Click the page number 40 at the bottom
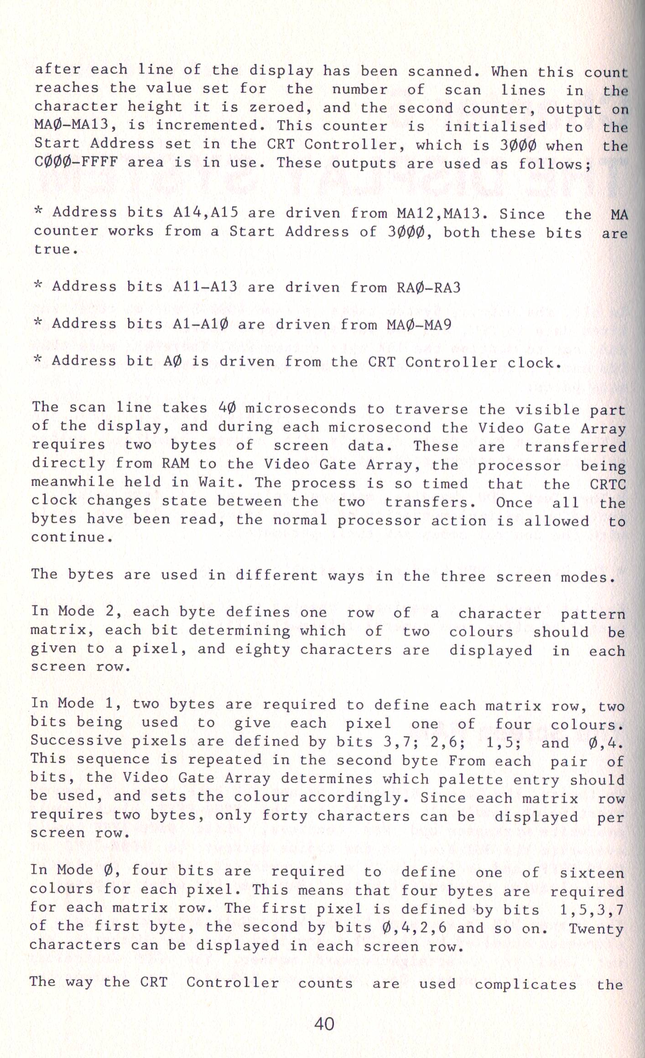point(324,1024)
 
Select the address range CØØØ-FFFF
point(76,162)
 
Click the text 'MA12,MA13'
point(442,213)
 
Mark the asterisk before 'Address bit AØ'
point(38,360)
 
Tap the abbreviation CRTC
point(608,484)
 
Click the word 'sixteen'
point(592,873)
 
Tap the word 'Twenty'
point(596,928)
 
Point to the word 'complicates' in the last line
point(525,984)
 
